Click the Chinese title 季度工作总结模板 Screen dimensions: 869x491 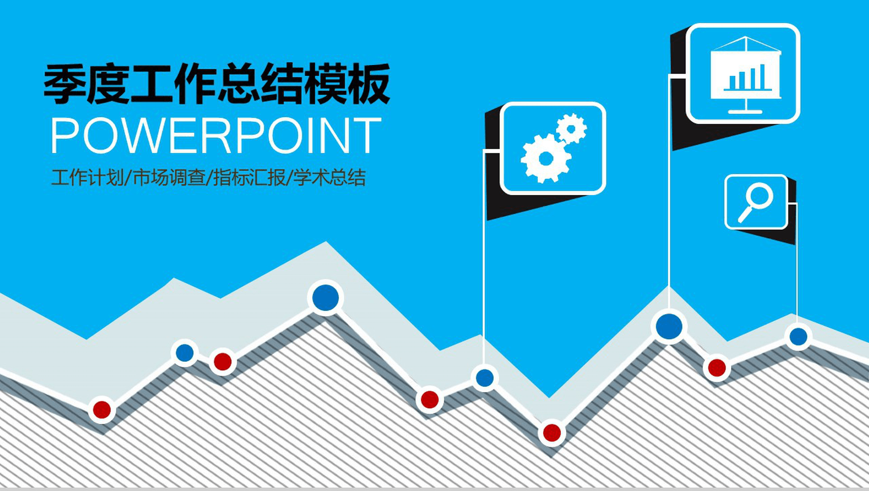point(217,83)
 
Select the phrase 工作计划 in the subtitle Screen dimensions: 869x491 point(87,178)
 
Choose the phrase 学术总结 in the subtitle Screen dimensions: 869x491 point(329,178)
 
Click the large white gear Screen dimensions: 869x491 point(546,158)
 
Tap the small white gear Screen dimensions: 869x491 point(571,129)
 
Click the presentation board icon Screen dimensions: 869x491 point(746,75)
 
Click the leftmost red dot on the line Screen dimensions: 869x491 point(102,410)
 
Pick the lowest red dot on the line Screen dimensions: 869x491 point(552,433)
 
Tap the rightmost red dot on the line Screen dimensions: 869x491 point(717,368)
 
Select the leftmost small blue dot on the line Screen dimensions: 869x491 point(184,353)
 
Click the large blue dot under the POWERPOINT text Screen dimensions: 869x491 point(325,298)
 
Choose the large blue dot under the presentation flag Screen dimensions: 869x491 point(669,326)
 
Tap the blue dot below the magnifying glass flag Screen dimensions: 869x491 point(798,336)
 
